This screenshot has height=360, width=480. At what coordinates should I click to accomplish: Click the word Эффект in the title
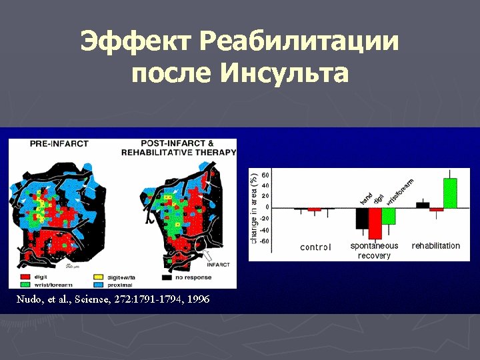135,43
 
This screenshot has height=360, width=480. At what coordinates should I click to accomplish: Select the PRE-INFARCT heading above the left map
59,143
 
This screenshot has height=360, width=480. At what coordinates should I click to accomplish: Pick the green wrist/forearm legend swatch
24,285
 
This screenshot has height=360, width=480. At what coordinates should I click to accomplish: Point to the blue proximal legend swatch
97,285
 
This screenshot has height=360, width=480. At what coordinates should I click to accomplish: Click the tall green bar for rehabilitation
450,193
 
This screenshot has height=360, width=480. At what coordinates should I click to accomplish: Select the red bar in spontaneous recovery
375,223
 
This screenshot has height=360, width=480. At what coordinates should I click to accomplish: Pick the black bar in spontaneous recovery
361,218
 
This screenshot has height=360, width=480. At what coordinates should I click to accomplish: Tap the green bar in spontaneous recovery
389,215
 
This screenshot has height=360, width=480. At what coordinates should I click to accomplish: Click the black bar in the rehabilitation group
423,205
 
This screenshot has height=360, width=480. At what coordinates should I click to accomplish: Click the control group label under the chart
315,247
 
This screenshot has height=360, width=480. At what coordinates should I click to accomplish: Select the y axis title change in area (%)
254,207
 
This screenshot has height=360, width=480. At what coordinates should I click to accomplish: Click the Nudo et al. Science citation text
113,299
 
